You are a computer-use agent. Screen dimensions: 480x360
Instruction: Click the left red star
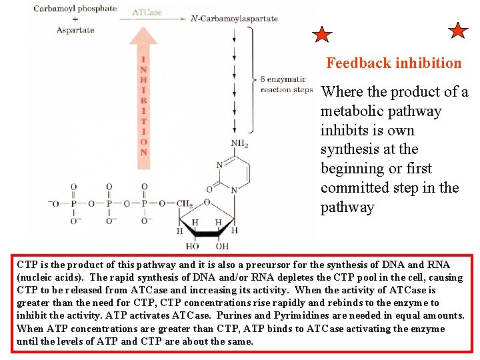322,35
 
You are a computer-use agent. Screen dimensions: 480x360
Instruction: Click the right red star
459,31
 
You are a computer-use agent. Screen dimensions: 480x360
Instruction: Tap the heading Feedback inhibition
393,63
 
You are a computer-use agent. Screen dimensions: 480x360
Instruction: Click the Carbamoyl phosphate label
75,9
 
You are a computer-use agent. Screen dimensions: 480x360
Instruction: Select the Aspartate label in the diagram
75,29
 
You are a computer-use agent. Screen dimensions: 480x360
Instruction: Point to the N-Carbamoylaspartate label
234,19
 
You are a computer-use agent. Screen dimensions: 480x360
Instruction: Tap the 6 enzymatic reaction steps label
286,85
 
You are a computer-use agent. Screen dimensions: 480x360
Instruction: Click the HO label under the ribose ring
193,247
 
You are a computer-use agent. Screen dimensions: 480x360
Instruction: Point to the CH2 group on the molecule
185,203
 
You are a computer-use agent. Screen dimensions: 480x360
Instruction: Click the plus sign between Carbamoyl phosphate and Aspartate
75,19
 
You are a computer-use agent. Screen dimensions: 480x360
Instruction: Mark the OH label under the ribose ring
223,247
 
